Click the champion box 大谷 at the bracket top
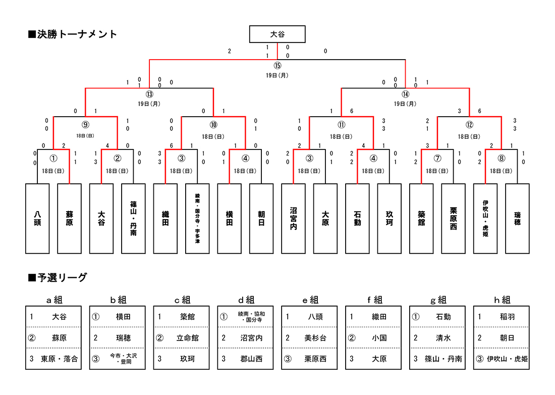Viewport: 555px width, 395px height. (277, 34)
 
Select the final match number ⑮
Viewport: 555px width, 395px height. (277, 66)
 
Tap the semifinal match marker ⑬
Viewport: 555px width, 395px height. (149, 94)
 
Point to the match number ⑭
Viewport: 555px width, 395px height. (405, 94)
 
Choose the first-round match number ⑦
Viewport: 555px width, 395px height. (437, 158)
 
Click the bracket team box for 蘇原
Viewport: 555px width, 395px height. (69, 218)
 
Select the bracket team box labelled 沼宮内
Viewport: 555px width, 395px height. (293, 218)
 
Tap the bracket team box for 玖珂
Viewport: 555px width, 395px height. (389, 218)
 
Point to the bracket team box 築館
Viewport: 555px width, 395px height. (421, 218)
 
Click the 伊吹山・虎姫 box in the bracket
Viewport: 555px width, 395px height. (485, 218)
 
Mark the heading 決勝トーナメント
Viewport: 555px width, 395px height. (73, 34)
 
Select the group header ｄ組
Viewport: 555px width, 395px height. (246, 300)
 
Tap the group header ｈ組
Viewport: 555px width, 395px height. (502, 300)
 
